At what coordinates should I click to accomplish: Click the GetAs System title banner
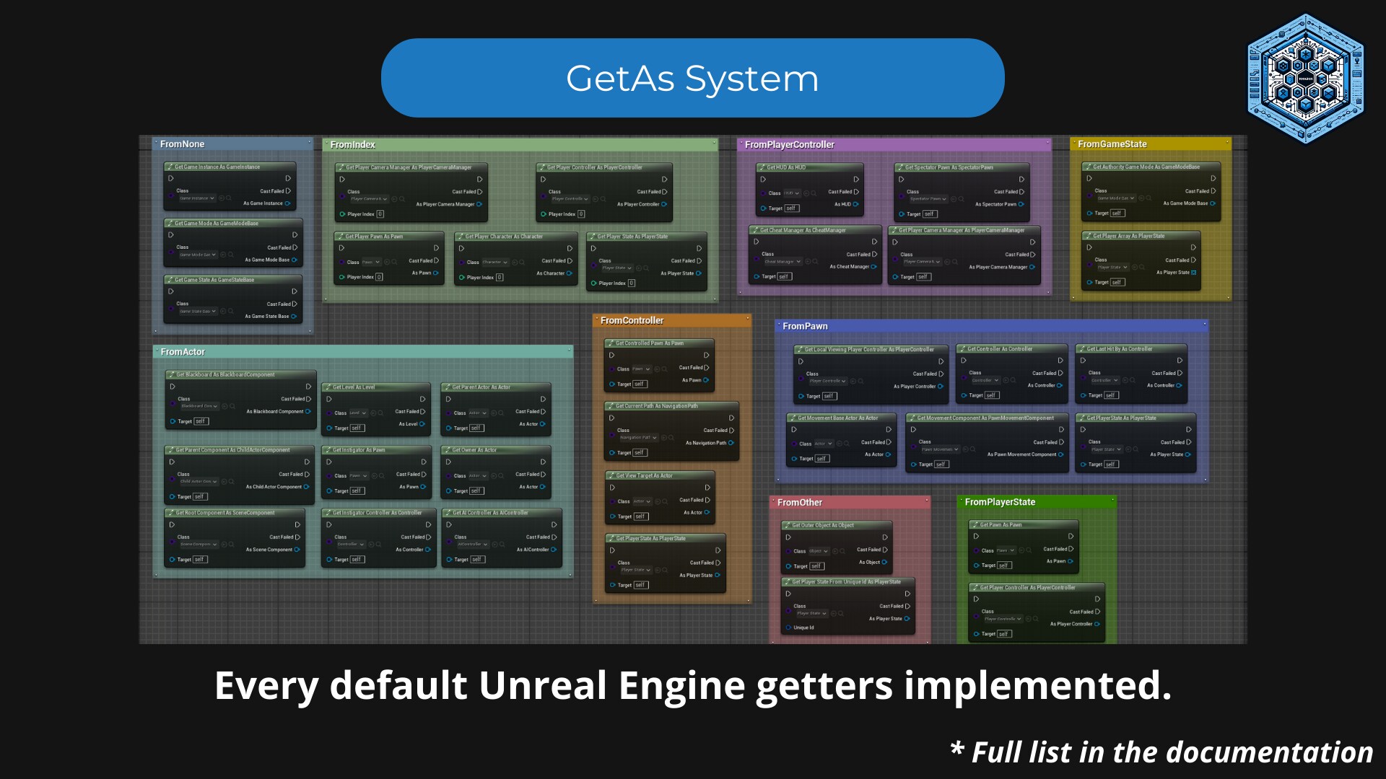coord(692,78)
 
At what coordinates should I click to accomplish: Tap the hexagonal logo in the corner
coord(1305,78)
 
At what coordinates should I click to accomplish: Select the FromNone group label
coord(182,144)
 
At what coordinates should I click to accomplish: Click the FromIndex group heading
coord(352,145)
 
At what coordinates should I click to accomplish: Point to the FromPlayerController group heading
coord(789,145)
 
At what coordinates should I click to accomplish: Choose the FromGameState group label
coord(1112,144)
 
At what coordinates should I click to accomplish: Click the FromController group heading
coord(632,321)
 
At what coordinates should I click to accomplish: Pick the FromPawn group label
coord(805,327)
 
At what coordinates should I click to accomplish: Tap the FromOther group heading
coord(800,503)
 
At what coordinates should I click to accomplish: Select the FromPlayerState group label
coord(1000,502)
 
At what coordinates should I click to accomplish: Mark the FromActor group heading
coord(183,352)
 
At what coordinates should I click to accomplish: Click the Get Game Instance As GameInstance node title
coord(217,167)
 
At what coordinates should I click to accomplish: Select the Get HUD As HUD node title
coord(786,167)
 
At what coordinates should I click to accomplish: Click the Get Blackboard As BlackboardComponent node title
coord(225,375)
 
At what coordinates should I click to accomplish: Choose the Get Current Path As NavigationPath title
coord(656,406)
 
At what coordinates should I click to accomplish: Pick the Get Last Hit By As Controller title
coord(1120,349)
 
